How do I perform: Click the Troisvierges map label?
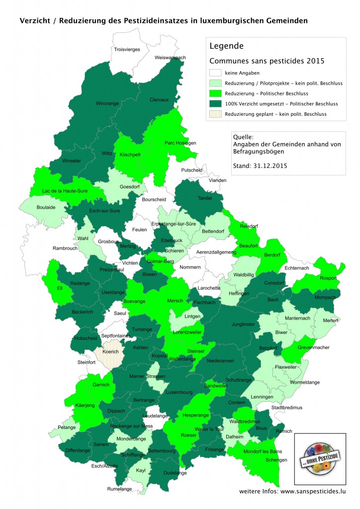pos(127,49)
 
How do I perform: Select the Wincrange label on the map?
pos(107,104)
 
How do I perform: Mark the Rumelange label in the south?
pos(119,489)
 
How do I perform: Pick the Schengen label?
pos(276,460)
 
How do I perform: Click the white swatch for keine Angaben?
pos(216,73)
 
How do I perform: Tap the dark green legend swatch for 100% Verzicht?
pos(216,104)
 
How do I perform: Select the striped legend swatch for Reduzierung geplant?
pos(216,114)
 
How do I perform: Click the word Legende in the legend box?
pos(226,46)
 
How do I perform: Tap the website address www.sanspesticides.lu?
pos(306,491)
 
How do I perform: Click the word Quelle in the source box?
pos(244,137)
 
